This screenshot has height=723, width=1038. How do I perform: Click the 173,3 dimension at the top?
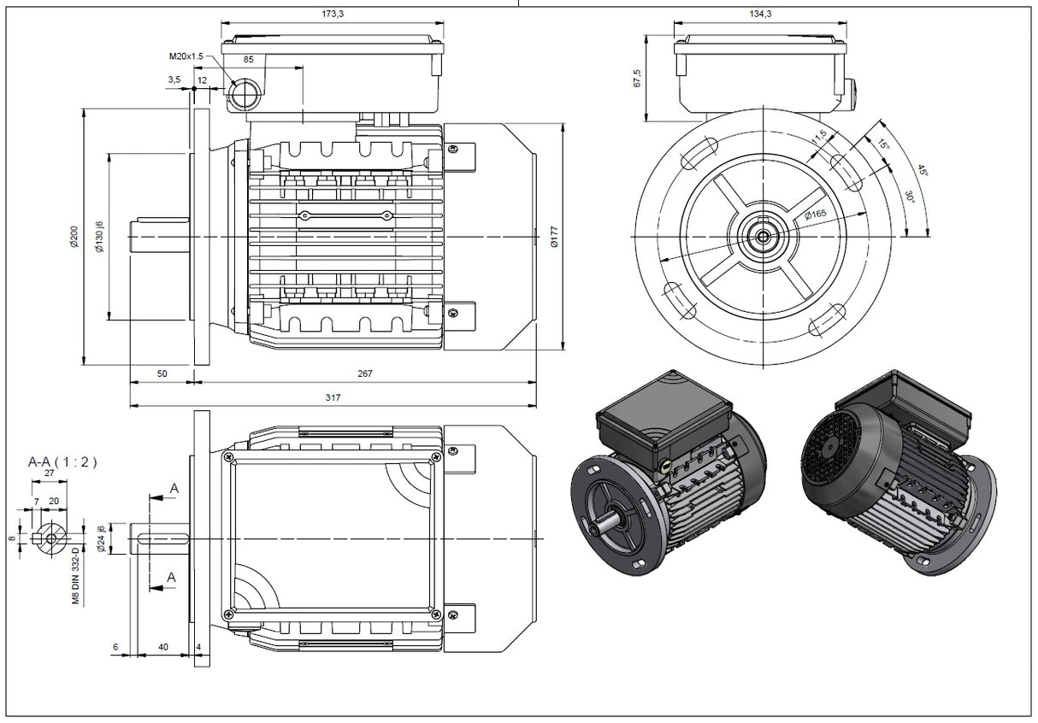click(x=333, y=14)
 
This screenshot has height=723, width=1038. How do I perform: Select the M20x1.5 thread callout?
click(x=186, y=56)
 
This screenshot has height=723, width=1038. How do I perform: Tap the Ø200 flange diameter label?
click(x=74, y=237)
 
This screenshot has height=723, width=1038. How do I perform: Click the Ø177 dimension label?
click(x=554, y=237)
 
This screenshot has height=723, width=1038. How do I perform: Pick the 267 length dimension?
click(x=365, y=373)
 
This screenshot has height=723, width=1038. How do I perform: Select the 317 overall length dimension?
click(x=333, y=397)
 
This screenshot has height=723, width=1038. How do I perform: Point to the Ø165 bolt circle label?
click(x=814, y=214)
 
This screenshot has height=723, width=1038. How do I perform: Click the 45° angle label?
click(x=922, y=171)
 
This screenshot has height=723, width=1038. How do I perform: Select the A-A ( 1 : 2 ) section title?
click(x=62, y=461)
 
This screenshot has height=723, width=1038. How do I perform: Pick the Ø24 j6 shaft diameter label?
click(x=101, y=539)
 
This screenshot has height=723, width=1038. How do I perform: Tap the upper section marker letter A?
click(x=174, y=488)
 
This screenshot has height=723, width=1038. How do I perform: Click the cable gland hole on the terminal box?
click(x=245, y=94)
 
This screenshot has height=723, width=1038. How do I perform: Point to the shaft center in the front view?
click(x=759, y=236)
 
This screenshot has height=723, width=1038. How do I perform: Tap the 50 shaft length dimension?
click(x=162, y=373)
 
